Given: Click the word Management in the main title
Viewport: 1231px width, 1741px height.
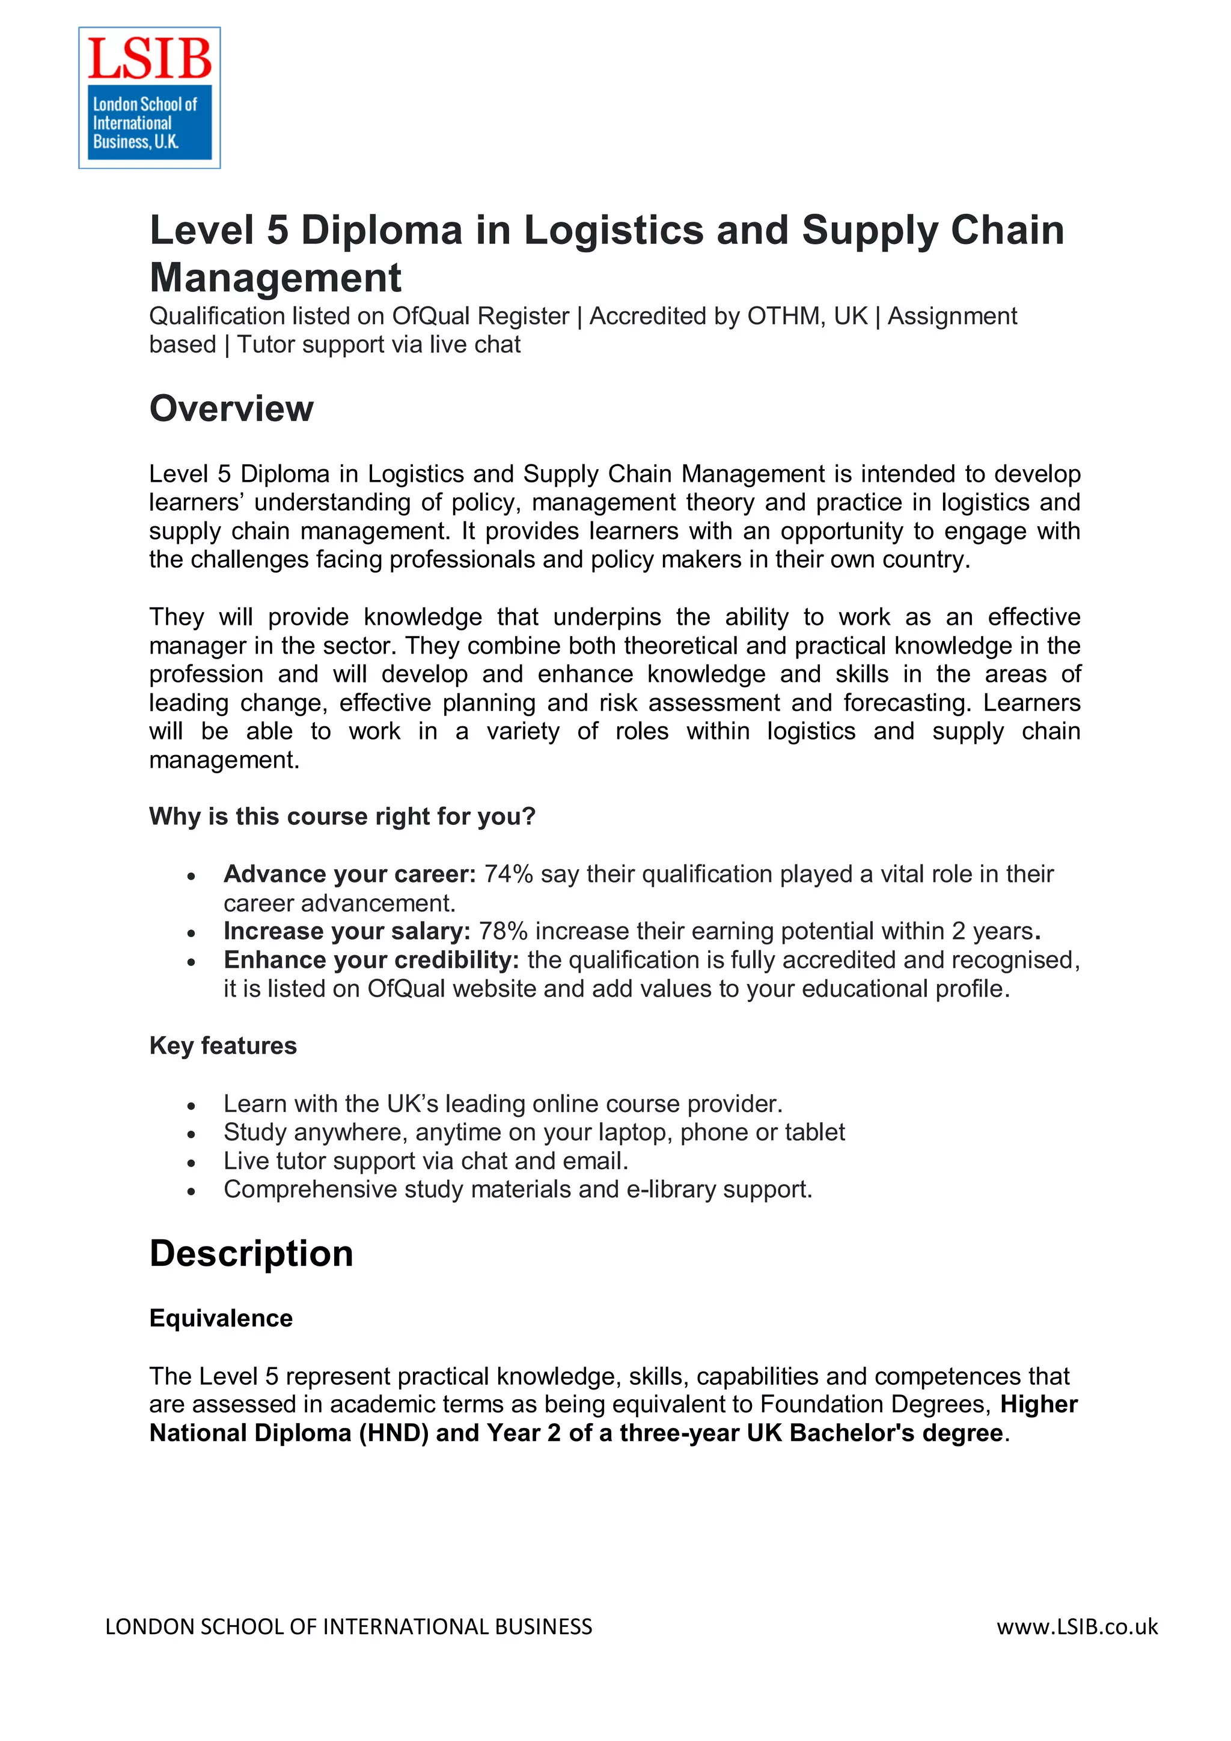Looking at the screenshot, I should (275, 278).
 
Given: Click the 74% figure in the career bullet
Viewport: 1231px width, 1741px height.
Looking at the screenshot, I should (508, 874).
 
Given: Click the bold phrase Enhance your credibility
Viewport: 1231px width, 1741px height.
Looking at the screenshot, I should (371, 960).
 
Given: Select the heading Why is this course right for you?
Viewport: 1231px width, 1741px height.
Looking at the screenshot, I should (342, 816).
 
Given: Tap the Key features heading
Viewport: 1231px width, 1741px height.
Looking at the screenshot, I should (223, 1046).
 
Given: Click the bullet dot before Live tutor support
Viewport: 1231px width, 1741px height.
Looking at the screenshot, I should (191, 1162).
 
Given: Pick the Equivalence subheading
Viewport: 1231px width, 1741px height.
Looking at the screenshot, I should (221, 1319).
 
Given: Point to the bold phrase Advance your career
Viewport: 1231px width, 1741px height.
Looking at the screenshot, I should (349, 874).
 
